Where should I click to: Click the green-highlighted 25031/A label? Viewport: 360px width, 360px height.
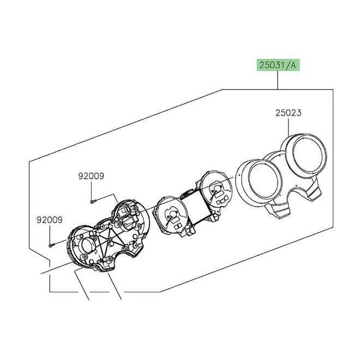coord(278,65)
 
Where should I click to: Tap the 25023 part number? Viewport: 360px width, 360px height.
coord(288,113)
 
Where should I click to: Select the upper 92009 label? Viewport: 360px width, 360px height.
coord(91,176)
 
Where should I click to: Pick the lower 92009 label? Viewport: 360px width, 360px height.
coord(50,220)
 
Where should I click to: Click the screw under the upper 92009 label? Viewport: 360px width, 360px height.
coord(92,202)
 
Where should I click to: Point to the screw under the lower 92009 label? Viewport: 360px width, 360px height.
coord(51,245)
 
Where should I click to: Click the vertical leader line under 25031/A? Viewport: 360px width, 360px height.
coord(278,80)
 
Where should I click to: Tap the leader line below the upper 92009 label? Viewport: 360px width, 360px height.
coord(92,190)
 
